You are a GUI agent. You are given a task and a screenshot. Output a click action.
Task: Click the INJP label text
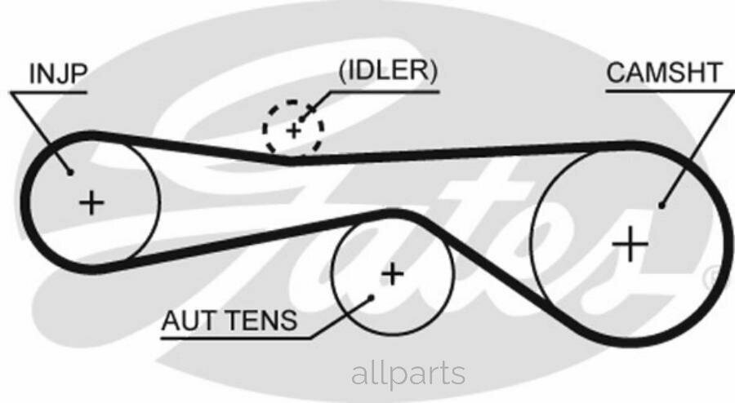[58, 73]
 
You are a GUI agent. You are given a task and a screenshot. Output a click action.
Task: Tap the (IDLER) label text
[387, 71]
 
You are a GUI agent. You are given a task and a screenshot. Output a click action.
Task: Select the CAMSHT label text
[664, 73]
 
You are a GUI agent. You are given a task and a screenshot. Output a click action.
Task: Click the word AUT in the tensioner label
[189, 321]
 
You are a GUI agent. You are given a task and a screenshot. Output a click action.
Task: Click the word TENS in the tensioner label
[261, 321]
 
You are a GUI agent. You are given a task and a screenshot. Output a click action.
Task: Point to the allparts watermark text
[408, 374]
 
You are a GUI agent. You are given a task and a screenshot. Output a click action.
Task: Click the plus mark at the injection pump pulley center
[91, 203]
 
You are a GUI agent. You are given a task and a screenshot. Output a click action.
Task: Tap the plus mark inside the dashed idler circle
[294, 131]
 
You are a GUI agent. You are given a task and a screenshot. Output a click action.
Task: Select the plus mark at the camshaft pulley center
[630, 244]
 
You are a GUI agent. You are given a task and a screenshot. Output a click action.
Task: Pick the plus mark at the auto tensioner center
[393, 274]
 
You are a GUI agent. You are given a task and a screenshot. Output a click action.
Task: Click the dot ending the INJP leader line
[70, 172]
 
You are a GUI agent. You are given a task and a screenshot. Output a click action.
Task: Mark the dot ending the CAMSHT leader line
[661, 205]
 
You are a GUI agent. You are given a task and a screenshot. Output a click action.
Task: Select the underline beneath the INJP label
[49, 93]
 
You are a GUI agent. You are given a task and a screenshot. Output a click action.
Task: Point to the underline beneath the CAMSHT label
[670, 91]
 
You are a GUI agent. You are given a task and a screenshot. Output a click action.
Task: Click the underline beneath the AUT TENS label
[236, 338]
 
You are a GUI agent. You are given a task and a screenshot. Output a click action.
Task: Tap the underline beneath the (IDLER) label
[385, 91]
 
